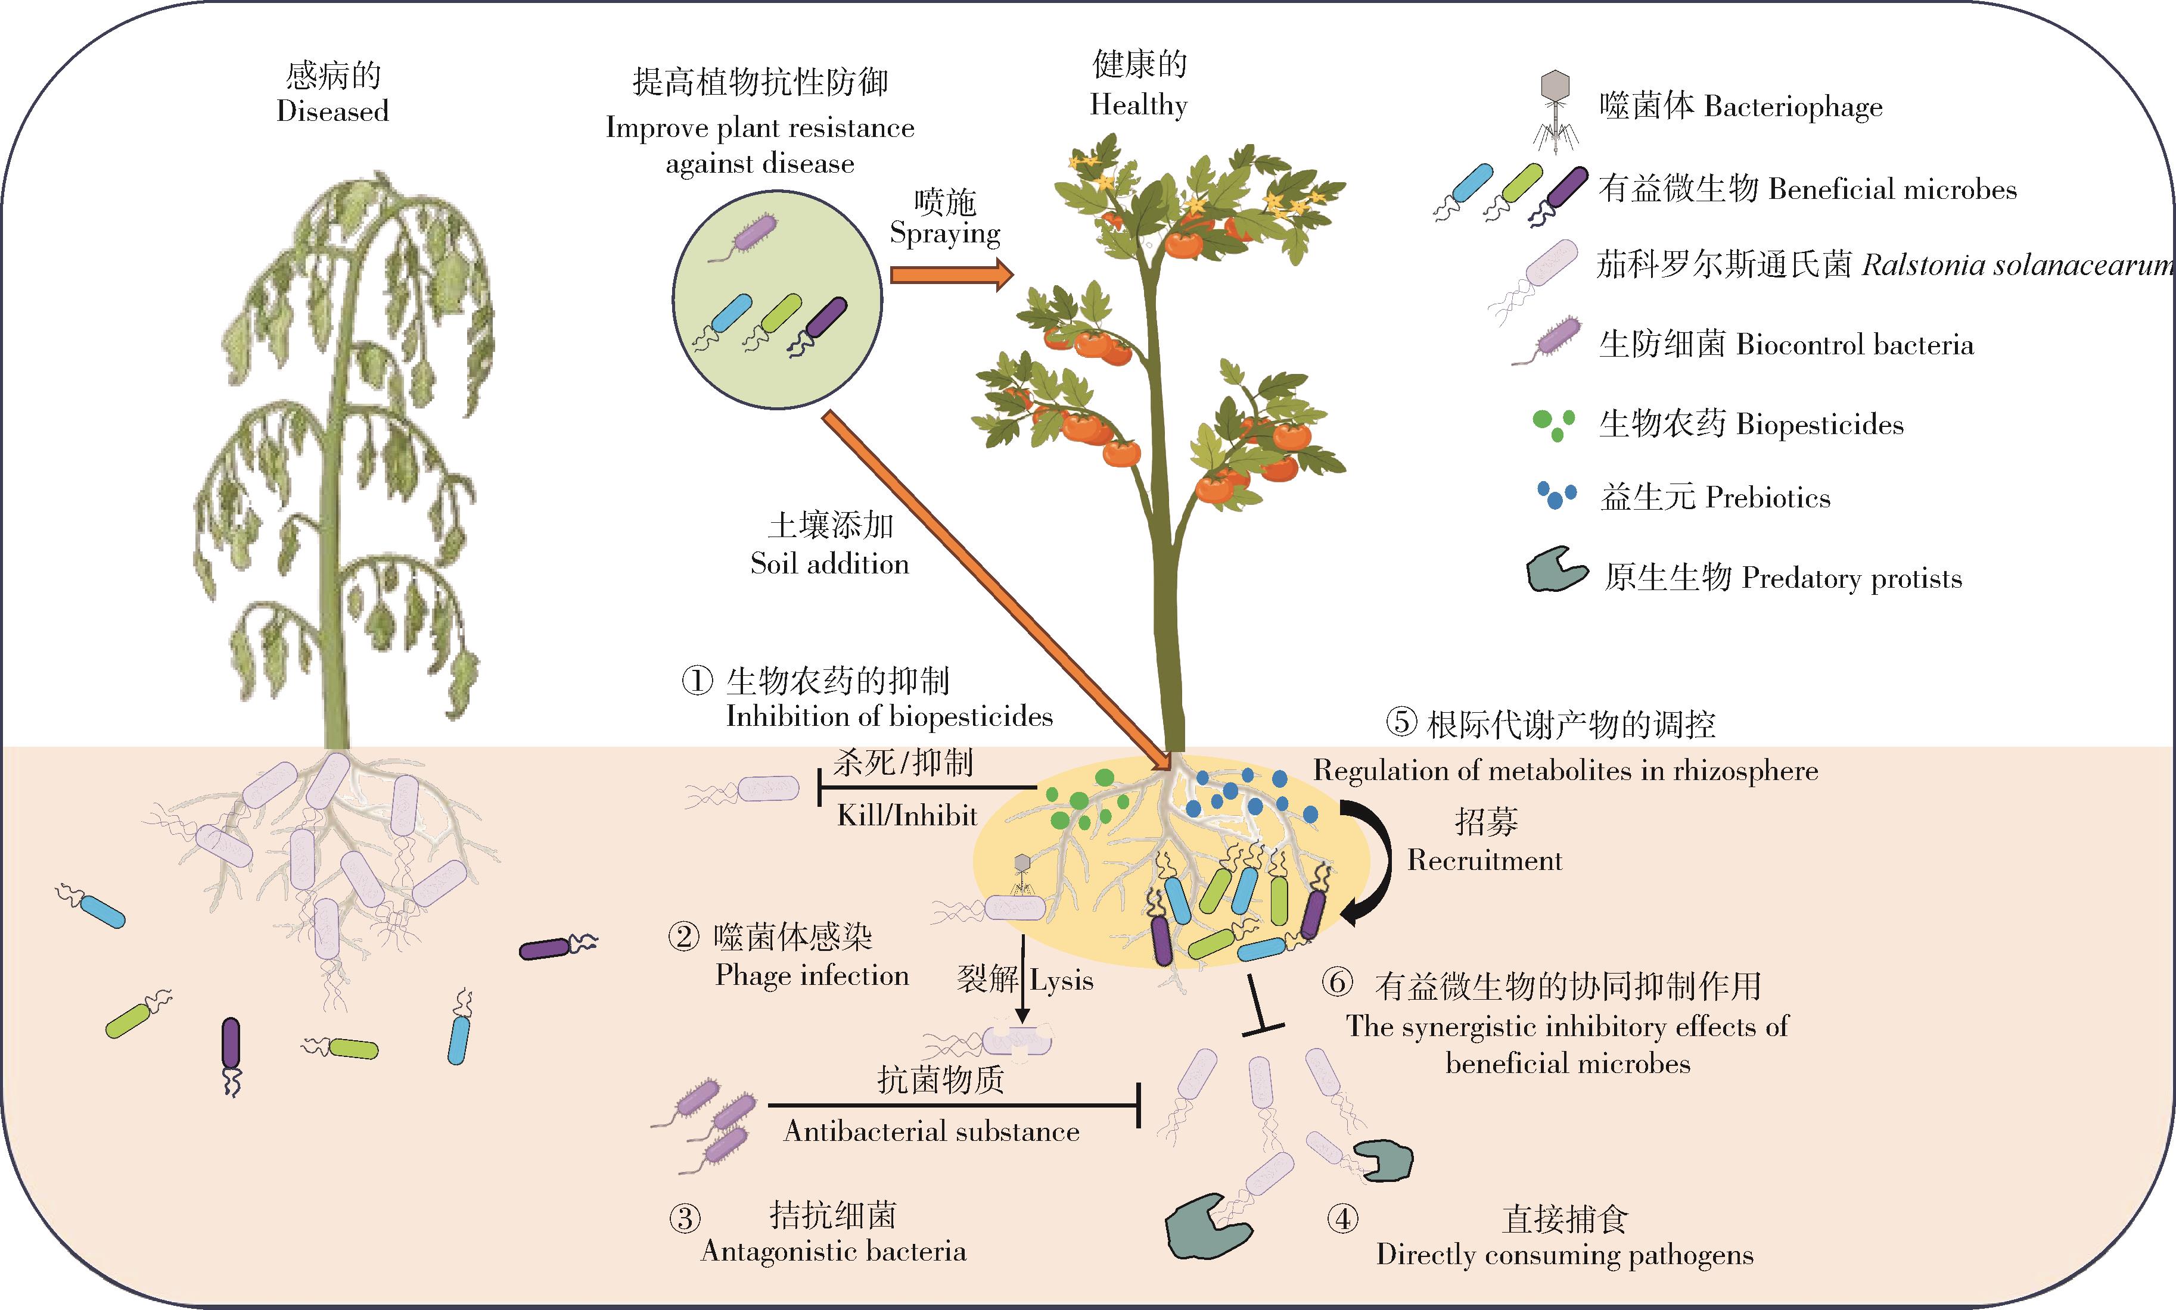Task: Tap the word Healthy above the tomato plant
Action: coord(1138,105)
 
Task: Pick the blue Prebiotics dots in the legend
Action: coord(1556,495)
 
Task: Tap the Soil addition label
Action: coord(829,563)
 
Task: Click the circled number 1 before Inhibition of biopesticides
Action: coord(697,681)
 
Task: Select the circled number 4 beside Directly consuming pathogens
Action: coord(1342,1219)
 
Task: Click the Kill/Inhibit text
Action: coord(906,815)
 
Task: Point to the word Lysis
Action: coord(1062,981)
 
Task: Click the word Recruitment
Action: coord(1484,860)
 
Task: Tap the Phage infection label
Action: coord(812,975)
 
